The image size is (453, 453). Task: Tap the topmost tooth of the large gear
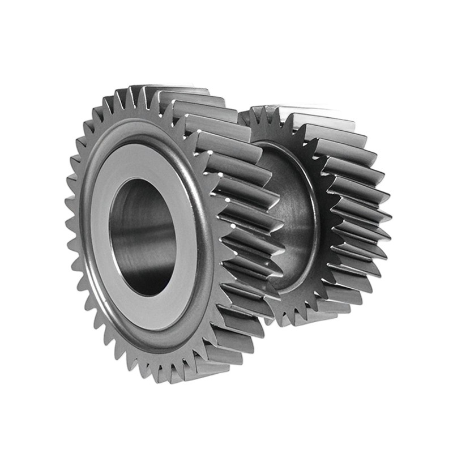[x=134, y=92]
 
